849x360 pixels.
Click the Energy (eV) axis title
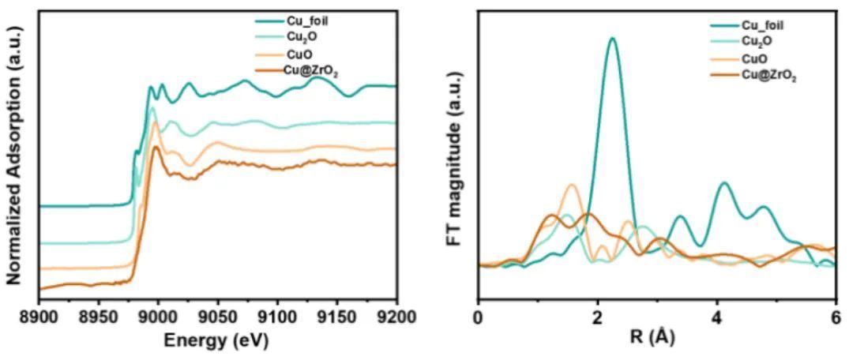point(216,340)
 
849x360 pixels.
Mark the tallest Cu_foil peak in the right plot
point(612,39)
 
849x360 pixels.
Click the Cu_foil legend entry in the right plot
point(763,25)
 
